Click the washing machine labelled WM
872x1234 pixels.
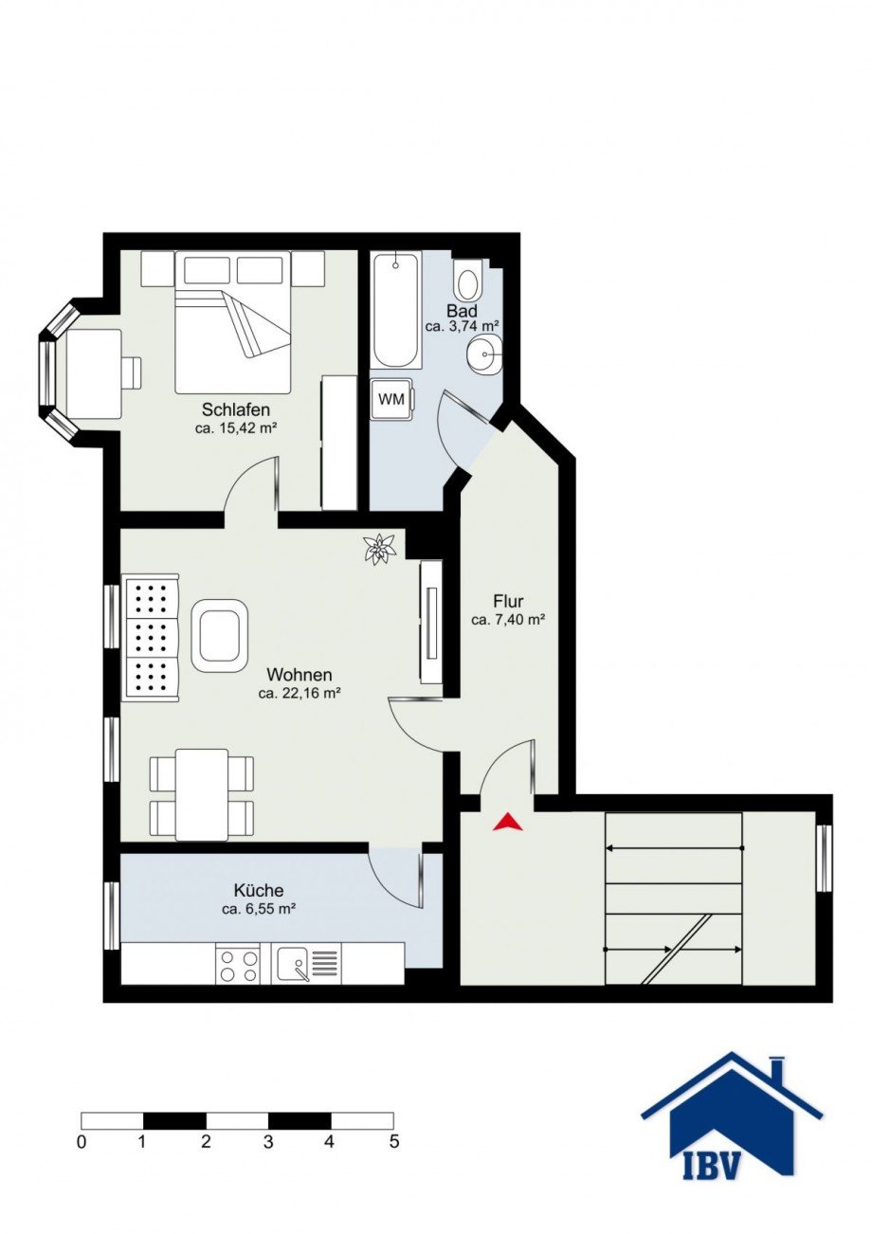(391, 399)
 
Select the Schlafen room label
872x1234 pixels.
(236, 409)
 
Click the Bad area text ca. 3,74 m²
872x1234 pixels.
(462, 326)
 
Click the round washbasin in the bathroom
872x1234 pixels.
(484, 354)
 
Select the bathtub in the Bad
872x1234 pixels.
(396, 311)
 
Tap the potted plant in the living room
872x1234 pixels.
(379, 549)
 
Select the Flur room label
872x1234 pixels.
(508, 600)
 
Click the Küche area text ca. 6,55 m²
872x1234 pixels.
(260, 910)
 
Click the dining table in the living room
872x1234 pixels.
(202, 795)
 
